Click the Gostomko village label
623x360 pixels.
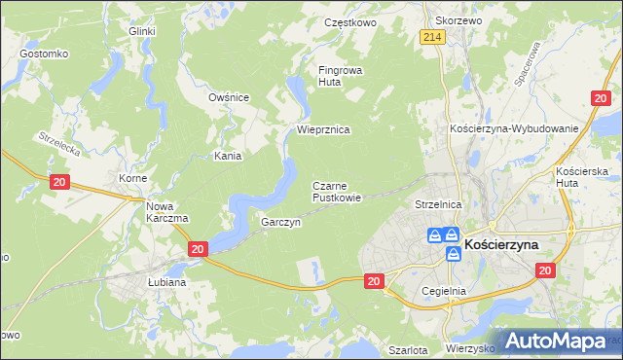pyautogui.click(x=43, y=53)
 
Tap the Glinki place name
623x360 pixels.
pyautogui.click(x=142, y=31)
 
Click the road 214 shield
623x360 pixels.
pyautogui.click(x=433, y=37)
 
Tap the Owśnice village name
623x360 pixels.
pyautogui.click(x=230, y=97)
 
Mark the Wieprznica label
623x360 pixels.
pyautogui.click(x=323, y=129)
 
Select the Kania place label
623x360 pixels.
pyautogui.click(x=228, y=156)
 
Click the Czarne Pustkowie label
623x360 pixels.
pyautogui.click(x=337, y=191)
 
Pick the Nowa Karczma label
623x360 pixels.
pyautogui.click(x=166, y=212)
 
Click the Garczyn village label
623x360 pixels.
pyautogui.click(x=280, y=222)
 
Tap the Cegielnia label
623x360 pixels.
pyautogui.click(x=445, y=291)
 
